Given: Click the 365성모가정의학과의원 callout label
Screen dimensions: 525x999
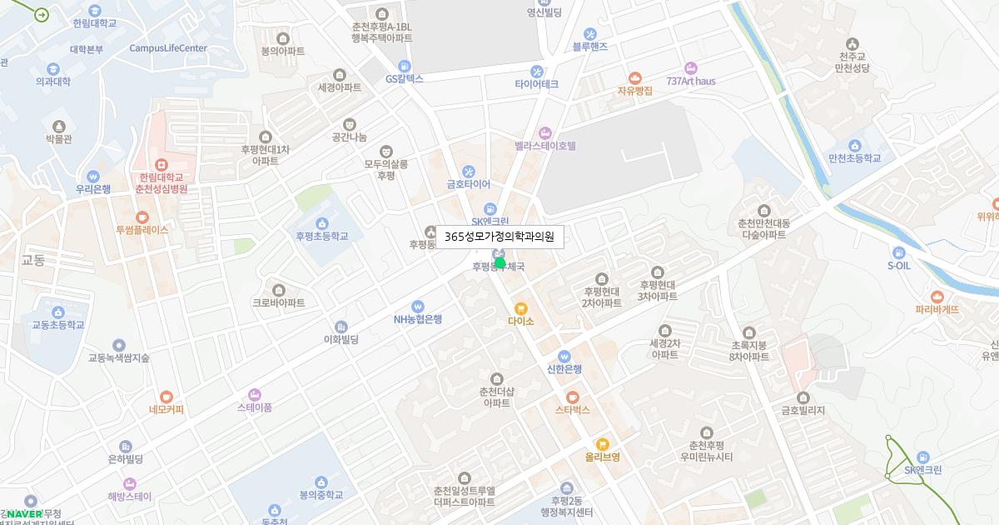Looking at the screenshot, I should tap(499, 237).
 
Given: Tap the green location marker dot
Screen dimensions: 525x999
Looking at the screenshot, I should tap(499, 263).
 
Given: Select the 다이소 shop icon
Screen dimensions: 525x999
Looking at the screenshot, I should tap(521, 308).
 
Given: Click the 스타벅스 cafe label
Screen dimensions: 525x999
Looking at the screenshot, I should tap(573, 410).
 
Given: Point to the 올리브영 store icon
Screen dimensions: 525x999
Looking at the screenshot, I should tap(603, 444).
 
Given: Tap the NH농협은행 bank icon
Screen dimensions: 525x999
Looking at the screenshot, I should tap(418, 306).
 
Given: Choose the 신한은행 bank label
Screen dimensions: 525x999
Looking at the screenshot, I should tap(564, 369).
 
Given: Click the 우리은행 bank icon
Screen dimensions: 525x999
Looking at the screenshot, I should tap(93, 176).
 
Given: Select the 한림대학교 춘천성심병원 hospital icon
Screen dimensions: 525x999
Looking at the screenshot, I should tap(162, 164).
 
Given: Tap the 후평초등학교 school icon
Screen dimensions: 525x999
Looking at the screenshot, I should tap(322, 222).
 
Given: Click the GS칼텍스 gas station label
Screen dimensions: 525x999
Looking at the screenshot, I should tap(405, 79).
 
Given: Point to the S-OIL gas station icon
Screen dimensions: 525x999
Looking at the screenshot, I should tap(899, 252).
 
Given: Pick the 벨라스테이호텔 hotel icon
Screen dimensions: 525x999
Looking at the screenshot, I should tap(545, 132).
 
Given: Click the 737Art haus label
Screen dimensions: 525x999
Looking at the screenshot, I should tap(691, 81).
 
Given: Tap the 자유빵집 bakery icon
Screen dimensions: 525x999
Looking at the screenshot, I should tap(635, 77).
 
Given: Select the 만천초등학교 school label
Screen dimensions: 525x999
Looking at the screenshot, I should tap(854, 158).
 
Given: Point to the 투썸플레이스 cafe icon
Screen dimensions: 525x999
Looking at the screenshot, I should tap(142, 217).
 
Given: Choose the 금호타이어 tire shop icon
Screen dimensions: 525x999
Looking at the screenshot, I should tap(469, 171).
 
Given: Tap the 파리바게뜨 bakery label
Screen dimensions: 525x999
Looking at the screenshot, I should tap(937, 309).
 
